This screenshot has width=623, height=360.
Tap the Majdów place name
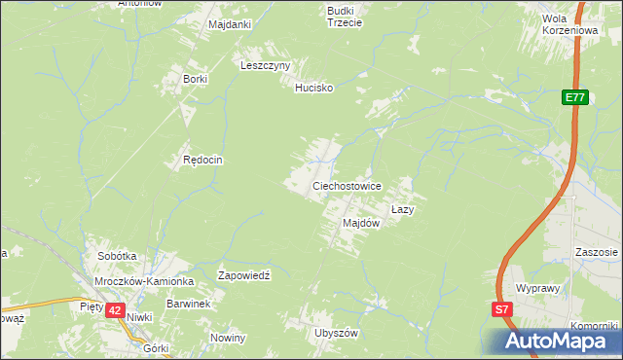click(x=360, y=223)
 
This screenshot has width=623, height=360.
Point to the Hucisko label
click(x=314, y=88)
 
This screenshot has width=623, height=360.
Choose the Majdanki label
click(x=230, y=23)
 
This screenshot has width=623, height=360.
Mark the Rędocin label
click(x=203, y=160)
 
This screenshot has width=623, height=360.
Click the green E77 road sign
click(x=574, y=97)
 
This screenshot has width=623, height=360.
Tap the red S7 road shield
click(x=500, y=309)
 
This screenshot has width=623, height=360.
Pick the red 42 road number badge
click(x=115, y=309)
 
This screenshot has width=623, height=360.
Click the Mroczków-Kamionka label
click(x=145, y=280)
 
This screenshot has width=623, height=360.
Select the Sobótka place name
click(x=117, y=256)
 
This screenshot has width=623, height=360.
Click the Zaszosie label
click(x=596, y=252)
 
